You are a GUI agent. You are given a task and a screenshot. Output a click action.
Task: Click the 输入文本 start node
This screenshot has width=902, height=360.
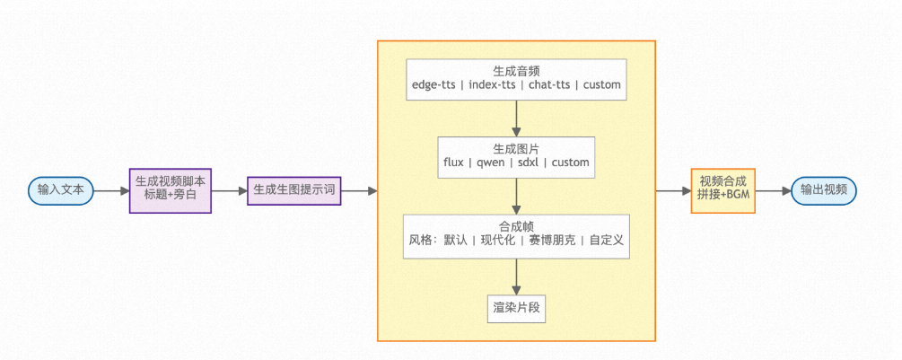[61, 190]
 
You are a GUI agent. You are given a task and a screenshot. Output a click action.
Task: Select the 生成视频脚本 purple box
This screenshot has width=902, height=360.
[170, 190]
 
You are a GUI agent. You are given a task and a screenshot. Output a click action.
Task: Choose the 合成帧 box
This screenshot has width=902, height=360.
[516, 234]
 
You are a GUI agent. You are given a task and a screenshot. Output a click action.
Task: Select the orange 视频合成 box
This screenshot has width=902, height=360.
[722, 190]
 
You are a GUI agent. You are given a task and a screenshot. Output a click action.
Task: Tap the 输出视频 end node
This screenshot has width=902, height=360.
[824, 190]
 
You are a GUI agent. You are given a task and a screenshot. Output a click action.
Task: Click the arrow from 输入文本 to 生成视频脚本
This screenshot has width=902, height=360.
[111, 190]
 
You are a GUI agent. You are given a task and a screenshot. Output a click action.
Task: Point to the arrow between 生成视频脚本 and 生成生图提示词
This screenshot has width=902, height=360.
[229, 190]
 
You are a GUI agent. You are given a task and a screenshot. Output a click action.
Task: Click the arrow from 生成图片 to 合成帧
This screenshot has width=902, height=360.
[516, 195]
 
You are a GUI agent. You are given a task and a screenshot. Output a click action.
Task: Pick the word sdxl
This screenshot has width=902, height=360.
[526, 162]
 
